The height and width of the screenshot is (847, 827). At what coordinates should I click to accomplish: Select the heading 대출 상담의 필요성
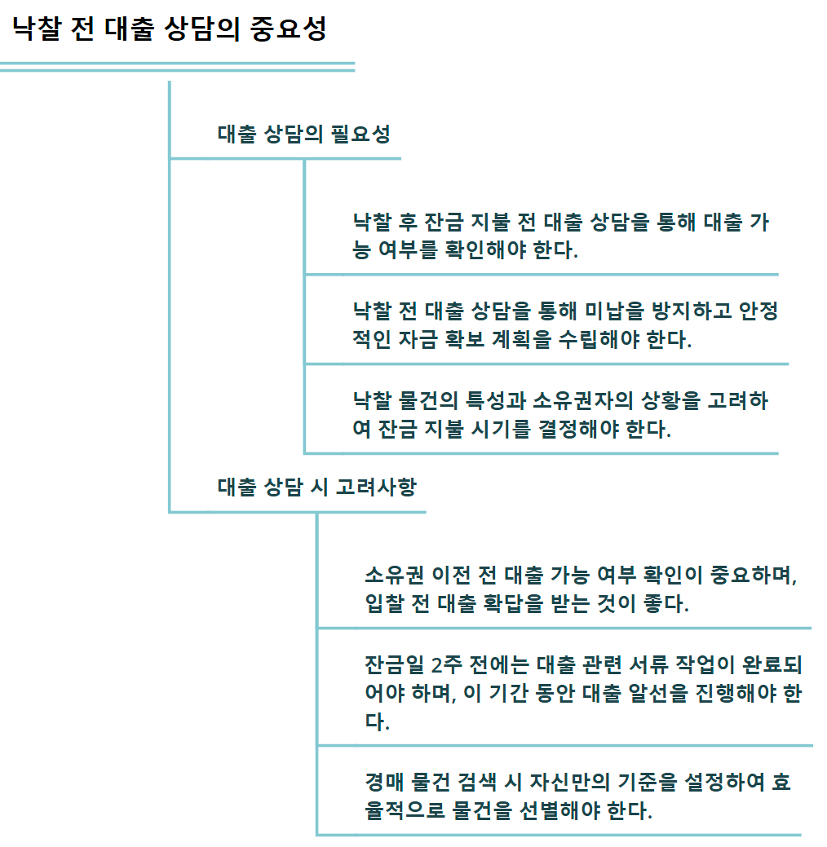click(x=303, y=135)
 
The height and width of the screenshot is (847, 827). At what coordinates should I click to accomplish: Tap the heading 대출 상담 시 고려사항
click(x=316, y=487)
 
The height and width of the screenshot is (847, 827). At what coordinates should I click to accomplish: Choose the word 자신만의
click(x=570, y=783)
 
